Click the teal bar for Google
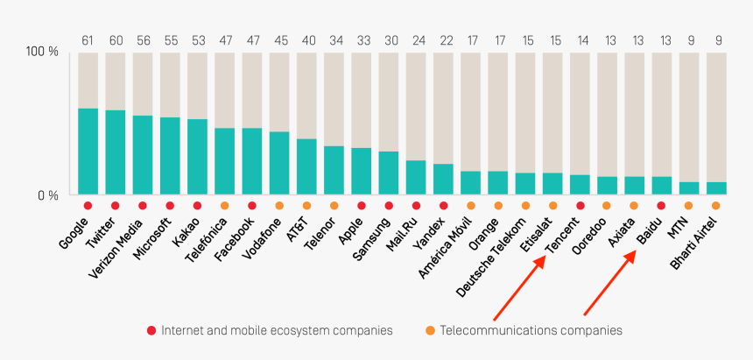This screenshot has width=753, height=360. pos(88,151)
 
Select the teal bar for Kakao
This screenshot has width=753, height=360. pos(197,156)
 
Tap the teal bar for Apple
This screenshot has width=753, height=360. pos(361,171)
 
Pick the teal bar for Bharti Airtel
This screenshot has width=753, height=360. pos(715,187)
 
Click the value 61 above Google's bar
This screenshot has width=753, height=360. pos(88,39)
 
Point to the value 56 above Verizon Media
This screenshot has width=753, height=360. pos(143,39)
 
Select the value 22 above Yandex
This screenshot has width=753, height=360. pos(443,39)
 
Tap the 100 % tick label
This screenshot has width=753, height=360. pos(41,53)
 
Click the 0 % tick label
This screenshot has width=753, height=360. pos(46,194)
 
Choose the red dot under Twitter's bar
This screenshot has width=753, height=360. pos(115,206)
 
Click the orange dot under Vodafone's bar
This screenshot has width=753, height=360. pos(279,206)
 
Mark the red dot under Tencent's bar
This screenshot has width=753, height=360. pos(580,206)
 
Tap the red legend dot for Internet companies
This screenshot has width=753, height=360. pos(151,330)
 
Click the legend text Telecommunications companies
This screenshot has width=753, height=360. pos(531,330)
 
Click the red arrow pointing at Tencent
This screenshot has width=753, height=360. pos(518,289)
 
